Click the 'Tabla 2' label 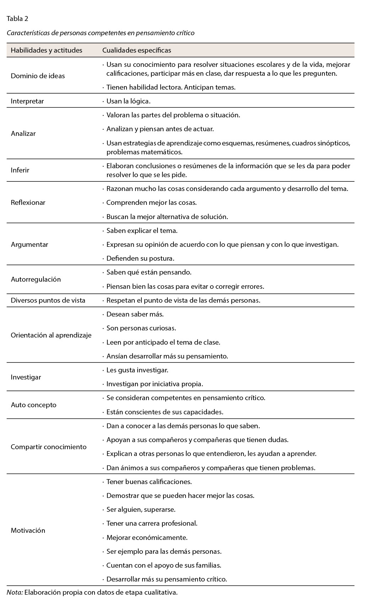point(17,19)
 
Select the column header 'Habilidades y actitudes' point(47,50)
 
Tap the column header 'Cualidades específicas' point(136,50)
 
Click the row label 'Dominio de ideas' point(38,76)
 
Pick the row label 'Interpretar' point(27,101)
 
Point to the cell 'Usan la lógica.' point(128,101)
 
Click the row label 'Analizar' point(23,134)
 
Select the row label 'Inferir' point(20,170)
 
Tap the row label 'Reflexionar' point(28,202)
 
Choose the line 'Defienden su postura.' point(140,259)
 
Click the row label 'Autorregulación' point(36,279)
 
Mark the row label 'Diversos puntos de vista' point(48,300)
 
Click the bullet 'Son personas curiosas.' point(141,328)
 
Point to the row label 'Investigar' point(26,377)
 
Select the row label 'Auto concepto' point(34,405)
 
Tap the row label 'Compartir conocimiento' point(49,447)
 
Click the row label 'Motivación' point(28,530)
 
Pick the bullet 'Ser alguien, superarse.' point(141,509)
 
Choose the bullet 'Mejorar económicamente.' point(147,537)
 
